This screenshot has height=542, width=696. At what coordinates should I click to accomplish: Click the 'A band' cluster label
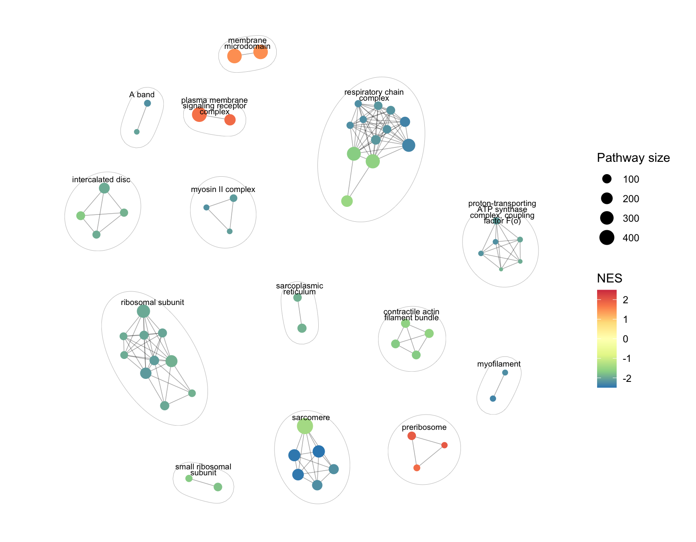142,95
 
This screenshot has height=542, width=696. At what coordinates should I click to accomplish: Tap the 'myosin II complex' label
223,189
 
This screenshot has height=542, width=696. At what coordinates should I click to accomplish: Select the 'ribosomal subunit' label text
152,302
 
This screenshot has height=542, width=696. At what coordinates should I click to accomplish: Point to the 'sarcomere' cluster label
311,418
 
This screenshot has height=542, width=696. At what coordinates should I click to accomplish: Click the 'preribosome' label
424,427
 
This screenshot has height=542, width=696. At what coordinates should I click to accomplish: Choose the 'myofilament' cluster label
499,364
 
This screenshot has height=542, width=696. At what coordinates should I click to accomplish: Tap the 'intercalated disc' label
101,180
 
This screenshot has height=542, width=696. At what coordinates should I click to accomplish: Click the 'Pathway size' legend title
633,158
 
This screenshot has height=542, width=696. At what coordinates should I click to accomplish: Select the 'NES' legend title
609,278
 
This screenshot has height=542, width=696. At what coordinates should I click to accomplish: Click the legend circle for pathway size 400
607,238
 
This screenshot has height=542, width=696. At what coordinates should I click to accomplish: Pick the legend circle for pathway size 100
607,179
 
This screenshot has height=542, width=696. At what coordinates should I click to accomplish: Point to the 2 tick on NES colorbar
625,300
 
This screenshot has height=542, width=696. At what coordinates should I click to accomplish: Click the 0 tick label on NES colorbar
625,339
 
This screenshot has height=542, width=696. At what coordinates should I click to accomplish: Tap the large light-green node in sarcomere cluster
305,426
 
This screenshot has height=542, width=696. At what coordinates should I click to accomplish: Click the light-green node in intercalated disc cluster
81,216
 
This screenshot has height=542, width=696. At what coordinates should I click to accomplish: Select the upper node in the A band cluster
147,103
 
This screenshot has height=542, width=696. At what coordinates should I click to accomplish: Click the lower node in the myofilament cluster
493,398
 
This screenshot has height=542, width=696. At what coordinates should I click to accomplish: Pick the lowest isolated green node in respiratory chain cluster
347,201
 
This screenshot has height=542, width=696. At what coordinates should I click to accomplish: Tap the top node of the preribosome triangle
411,436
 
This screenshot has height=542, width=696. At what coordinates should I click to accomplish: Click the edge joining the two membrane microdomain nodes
247,54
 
